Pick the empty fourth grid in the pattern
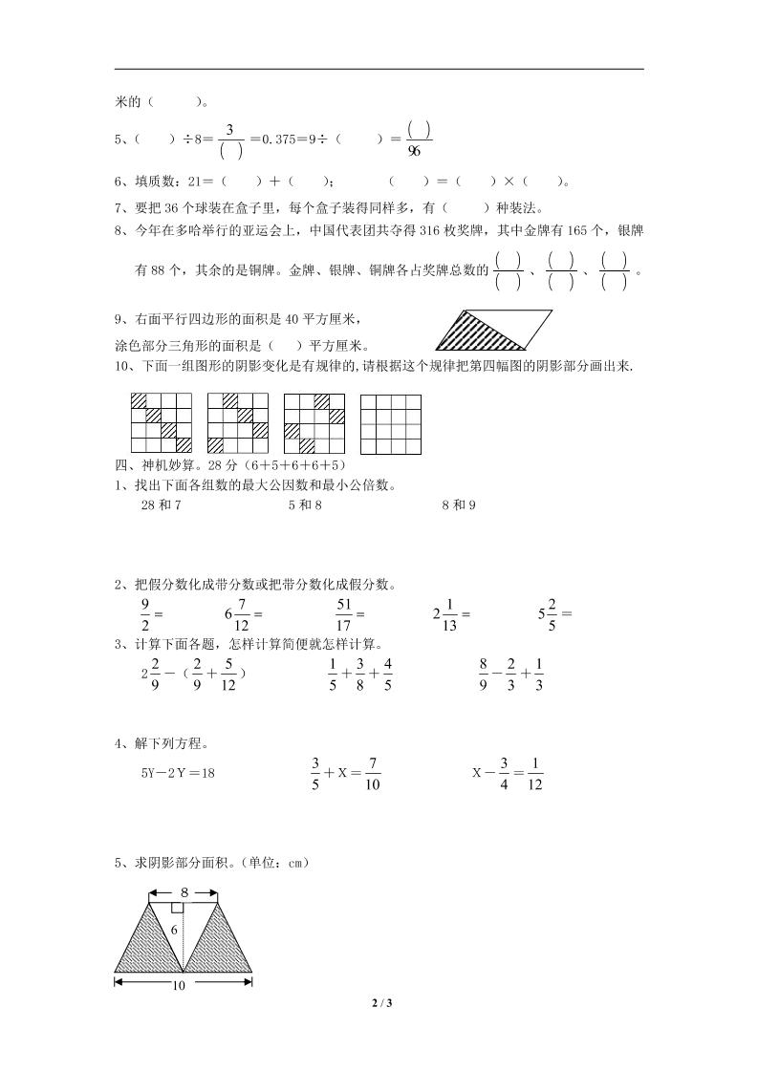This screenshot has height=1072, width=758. [x=390, y=422]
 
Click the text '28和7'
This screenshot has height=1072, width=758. [x=161, y=504]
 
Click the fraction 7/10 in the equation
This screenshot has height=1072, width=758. [x=373, y=773]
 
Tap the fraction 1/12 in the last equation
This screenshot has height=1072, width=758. [x=534, y=773]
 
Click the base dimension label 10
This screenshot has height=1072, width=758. [x=178, y=984]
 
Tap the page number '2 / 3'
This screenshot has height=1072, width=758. [x=379, y=1002]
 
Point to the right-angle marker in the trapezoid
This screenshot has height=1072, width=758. [x=177, y=908]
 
